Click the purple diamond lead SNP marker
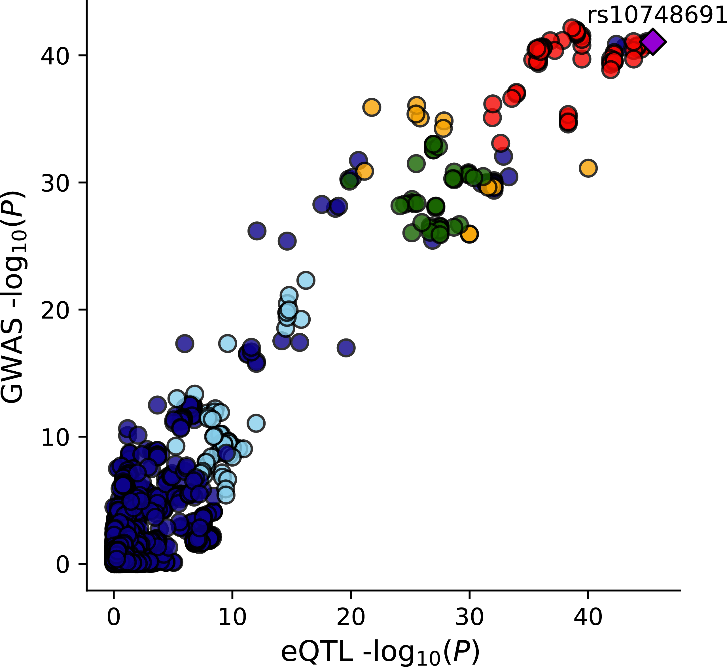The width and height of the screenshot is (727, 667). (653, 42)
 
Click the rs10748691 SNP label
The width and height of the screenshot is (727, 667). (657, 16)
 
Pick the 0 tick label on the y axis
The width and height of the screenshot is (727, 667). (62, 564)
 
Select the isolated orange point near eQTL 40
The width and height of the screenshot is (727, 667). (588, 168)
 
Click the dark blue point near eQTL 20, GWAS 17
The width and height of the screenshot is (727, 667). (346, 348)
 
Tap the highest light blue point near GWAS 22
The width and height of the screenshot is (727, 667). (306, 280)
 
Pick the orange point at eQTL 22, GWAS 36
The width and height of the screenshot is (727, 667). (372, 107)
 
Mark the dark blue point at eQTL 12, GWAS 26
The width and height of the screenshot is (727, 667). (257, 231)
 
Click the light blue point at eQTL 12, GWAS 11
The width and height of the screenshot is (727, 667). (256, 423)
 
